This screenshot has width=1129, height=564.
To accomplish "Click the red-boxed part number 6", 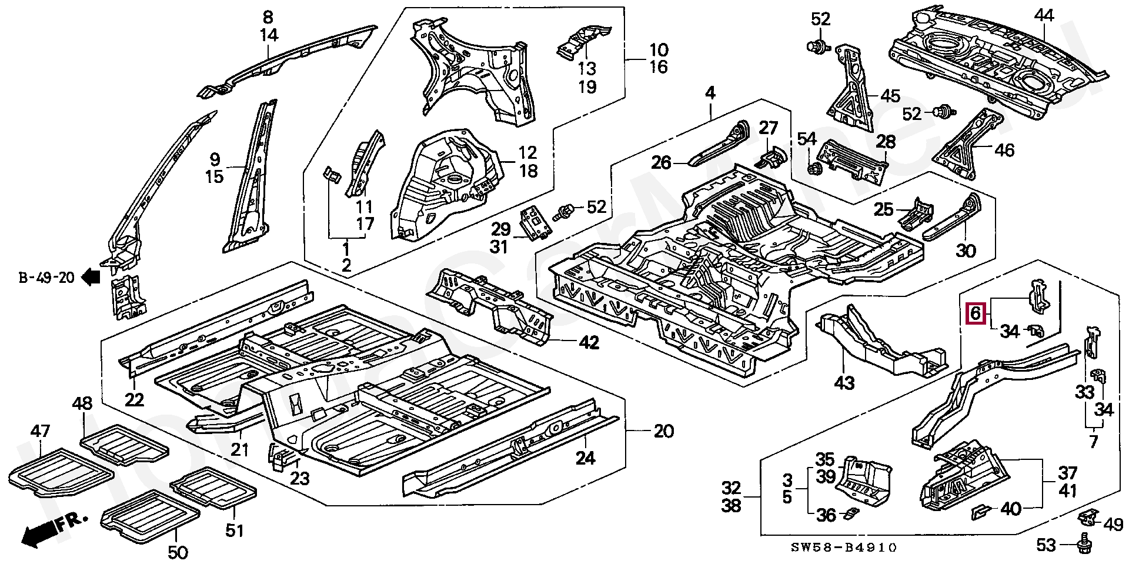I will [x=976, y=313].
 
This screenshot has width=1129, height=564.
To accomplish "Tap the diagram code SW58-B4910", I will [x=843, y=548].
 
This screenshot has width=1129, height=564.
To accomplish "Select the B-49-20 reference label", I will [x=46, y=278].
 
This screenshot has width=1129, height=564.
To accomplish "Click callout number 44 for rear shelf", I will [x=1044, y=16].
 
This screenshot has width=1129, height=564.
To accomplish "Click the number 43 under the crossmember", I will [x=844, y=383].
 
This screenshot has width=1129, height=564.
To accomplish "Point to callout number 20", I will [x=663, y=431].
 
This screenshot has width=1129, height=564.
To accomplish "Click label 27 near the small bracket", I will [x=768, y=128].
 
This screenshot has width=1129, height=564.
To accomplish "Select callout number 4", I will [x=710, y=93].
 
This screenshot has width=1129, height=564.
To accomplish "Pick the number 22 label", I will [x=134, y=400].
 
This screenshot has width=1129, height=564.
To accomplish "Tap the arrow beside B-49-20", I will [x=91, y=276].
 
